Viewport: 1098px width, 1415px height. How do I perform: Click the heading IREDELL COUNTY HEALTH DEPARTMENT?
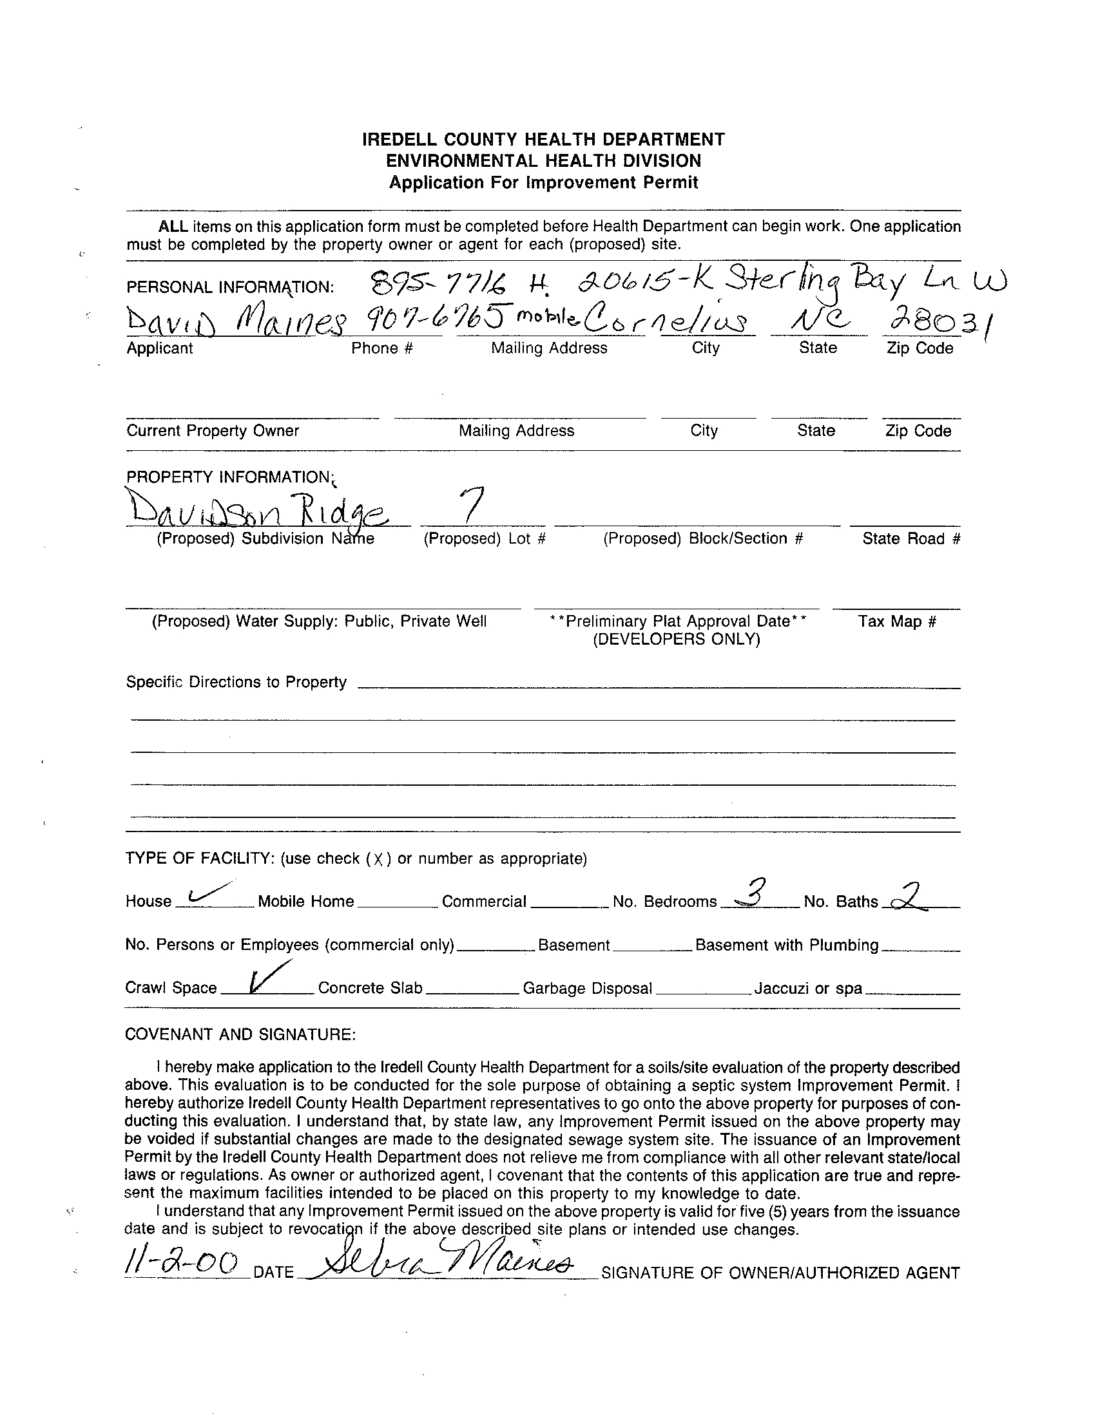pyautogui.click(x=543, y=139)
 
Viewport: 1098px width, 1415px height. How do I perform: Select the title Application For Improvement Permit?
pyautogui.click(x=543, y=182)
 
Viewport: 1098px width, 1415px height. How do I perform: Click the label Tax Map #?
pyautogui.click(x=896, y=622)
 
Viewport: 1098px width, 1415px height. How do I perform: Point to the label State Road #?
pyautogui.click(x=910, y=538)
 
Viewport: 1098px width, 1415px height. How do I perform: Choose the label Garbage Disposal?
pyautogui.click(x=587, y=988)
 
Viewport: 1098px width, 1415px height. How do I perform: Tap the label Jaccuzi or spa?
pyautogui.click(x=807, y=988)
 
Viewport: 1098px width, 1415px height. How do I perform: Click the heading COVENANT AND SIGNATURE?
pyautogui.click(x=240, y=1034)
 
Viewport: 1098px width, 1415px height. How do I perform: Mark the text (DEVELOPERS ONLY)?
pyautogui.click(x=676, y=640)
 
